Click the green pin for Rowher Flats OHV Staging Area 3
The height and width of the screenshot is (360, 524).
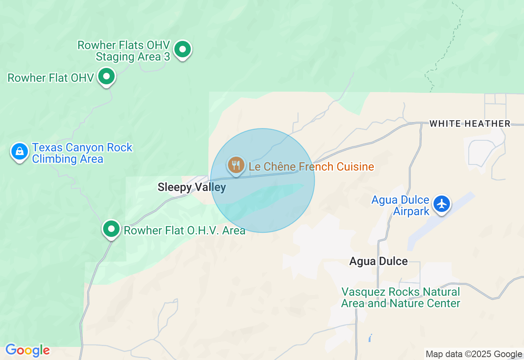[x=183, y=49]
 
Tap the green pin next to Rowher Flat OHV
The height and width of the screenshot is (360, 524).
[x=106, y=76]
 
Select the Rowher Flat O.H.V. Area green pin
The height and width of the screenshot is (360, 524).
[x=111, y=229]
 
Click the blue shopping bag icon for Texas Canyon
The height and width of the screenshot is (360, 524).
[x=19, y=152]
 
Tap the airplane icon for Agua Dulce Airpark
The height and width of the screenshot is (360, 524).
[x=442, y=203]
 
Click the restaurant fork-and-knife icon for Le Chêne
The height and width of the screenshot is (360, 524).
[x=236, y=165]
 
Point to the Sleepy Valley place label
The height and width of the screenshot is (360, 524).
[x=192, y=187]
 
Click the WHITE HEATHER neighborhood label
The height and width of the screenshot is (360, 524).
[x=470, y=124]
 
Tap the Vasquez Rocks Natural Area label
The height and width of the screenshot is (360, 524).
[x=401, y=298]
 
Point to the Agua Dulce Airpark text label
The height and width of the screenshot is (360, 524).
[x=400, y=205]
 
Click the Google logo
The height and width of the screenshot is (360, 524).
[x=27, y=350]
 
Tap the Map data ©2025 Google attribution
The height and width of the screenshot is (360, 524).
[x=474, y=354]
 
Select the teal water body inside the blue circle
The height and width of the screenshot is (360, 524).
[x=270, y=196]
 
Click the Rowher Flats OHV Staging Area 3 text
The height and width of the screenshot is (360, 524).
[x=124, y=51]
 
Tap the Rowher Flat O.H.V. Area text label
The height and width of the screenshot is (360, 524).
[x=184, y=230]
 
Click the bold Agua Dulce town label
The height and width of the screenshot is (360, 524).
[x=378, y=261]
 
